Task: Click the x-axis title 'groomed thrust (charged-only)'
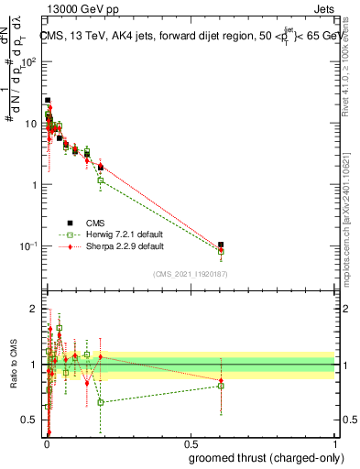pos(260,457)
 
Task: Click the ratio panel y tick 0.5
pos(30,420)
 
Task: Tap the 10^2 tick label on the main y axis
pos(28,61)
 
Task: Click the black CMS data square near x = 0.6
pos(221,245)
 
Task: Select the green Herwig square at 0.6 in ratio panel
pos(221,386)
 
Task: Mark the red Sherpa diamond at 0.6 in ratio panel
pos(221,380)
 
